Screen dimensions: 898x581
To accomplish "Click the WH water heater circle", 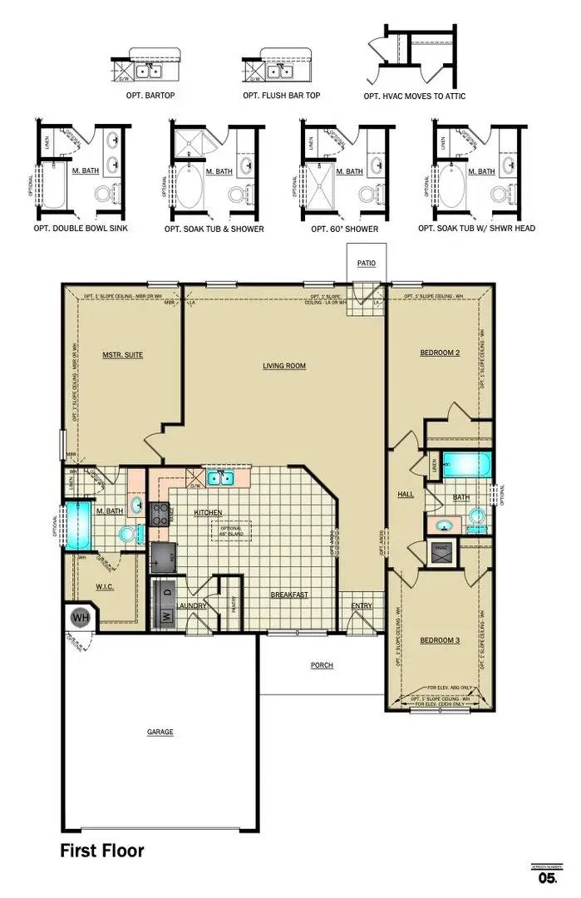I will click(81, 618).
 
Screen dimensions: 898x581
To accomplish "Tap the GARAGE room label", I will click(160, 732).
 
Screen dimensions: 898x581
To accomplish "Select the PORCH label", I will click(322, 665).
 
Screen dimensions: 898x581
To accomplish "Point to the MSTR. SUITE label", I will click(122, 354).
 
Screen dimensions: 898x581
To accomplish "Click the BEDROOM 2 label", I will click(440, 353).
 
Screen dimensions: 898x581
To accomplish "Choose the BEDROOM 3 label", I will click(440, 639).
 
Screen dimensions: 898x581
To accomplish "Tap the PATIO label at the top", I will click(367, 263).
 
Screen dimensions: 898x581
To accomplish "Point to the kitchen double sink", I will click(220, 478).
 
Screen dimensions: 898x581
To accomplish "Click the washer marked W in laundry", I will click(165, 616).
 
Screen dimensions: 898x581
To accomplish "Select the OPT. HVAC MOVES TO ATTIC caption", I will click(414, 96).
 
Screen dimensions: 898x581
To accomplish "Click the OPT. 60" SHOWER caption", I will click(344, 229).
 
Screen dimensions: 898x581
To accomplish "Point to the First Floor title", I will click(101, 851).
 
